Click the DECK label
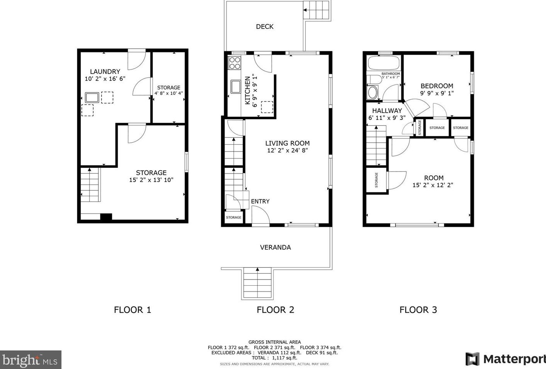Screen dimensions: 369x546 coord(265,27)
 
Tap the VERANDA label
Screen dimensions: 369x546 coord(275,247)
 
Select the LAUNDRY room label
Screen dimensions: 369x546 coord(105,71)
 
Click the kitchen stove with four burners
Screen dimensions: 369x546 coord(235,63)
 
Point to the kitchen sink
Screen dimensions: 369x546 coord(235,86)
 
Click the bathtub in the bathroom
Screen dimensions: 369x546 coord(384,63)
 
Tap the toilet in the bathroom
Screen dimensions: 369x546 coord(372,92)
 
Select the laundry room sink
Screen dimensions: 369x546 coord(92,97)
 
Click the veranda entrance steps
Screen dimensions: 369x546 coord(257,283)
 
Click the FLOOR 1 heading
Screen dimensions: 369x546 coord(132,310)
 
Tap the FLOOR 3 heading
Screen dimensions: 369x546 coord(418,310)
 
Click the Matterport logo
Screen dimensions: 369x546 coord(505,359)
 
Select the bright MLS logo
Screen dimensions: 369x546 coord(30,360)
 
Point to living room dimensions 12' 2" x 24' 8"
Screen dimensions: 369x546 coord(287,150)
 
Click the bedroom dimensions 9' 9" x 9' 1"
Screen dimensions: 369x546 coord(437,93)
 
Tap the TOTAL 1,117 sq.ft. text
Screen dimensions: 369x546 coord(274,358)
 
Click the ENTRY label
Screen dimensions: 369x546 coord(260,201)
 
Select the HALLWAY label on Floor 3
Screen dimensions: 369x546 coord(387,111)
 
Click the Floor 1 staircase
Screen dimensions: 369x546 coord(90,185)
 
